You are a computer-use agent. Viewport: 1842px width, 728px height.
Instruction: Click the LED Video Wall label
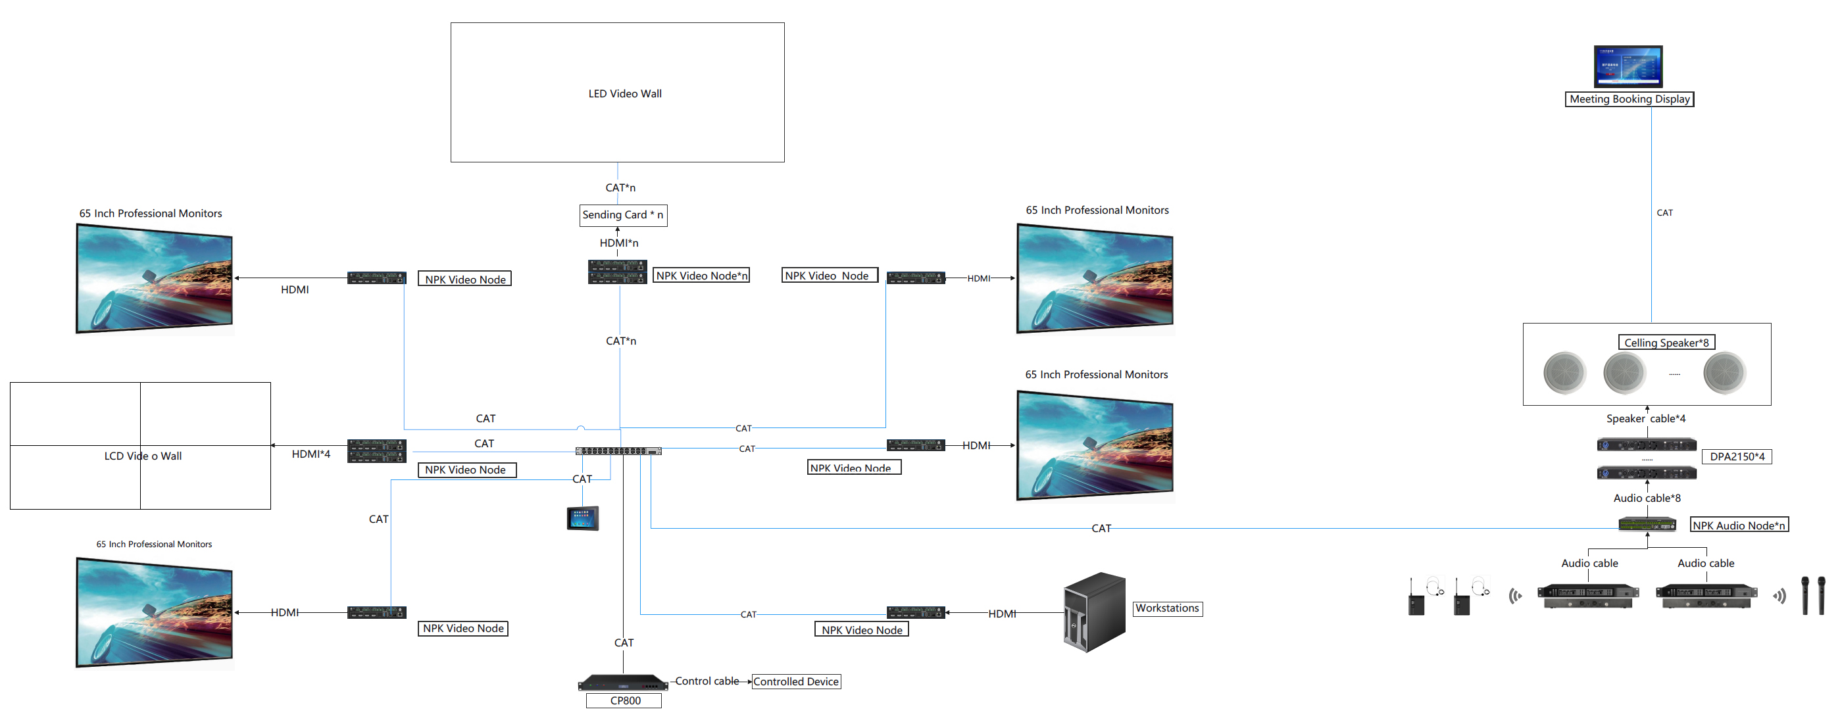point(624,93)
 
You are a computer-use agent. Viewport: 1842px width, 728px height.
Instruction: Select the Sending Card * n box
point(623,214)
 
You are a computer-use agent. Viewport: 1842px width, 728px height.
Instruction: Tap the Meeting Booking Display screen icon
point(1628,66)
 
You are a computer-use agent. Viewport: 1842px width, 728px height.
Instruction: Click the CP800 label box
point(624,701)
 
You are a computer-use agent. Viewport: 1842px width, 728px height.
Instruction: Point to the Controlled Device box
point(795,681)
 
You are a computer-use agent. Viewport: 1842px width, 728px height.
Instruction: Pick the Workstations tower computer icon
point(1094,612)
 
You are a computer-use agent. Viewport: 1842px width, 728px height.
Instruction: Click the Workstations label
point(1167,608)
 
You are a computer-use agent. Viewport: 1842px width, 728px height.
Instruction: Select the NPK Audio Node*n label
point(1738,525)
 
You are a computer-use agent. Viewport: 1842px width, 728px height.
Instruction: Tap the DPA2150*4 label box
point(1736,457)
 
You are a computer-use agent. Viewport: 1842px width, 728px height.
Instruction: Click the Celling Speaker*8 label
point(1666,343)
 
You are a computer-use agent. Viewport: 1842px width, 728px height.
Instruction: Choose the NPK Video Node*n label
point(701,276)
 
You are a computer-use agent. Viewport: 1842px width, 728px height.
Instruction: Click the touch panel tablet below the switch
point(582,518)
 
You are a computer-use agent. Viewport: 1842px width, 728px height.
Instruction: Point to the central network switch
point(618,451)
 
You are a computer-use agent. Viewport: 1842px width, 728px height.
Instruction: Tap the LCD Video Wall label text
point(142,456)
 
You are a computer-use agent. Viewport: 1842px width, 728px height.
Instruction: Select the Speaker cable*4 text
point(1645,419)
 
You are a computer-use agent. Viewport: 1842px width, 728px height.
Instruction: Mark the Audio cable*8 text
point(1646,498)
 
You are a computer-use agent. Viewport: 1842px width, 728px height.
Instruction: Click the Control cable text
point(707,681)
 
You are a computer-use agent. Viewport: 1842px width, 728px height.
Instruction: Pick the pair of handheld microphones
point(1812,595)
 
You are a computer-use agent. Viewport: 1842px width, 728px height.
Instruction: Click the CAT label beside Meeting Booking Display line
point(1664,213)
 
